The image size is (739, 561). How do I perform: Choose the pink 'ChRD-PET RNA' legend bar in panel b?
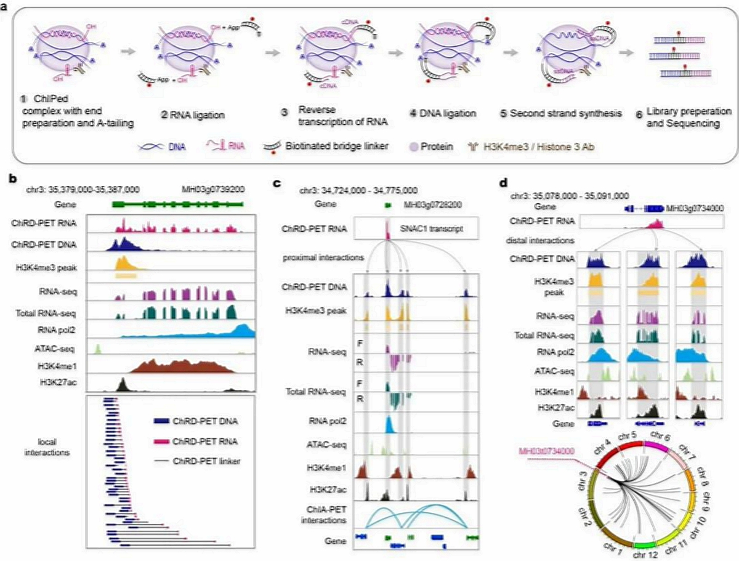tap(161, 442)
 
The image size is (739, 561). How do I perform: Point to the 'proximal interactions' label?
tap(322, 256)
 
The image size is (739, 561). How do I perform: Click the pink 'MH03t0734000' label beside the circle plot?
tap(545, 451)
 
